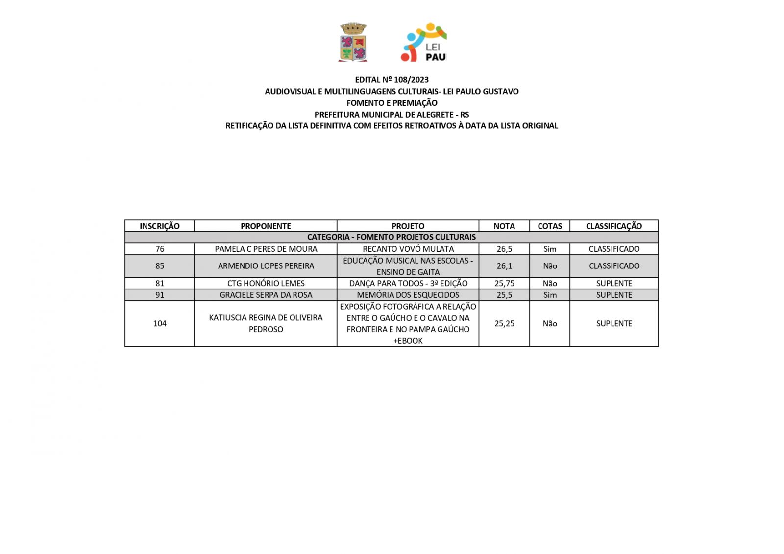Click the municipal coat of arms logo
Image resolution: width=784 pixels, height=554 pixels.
pyautogui.click(x=353, y=42)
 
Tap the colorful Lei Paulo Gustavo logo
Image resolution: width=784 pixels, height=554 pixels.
pyautogui.click(x=424, y=42)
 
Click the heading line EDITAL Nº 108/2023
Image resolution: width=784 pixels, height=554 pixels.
pyautogui.click(x=392, y=80)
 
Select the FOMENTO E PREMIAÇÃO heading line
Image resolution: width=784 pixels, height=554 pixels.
pyautogui.click(x=392, y=103)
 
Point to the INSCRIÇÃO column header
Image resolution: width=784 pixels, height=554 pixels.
pyautogui.click(x=160, y=226)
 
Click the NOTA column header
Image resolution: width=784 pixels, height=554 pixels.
pyautogui.click(x=504, y=226)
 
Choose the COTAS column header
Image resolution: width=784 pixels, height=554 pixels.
pyautogui.click(x=549, y=226)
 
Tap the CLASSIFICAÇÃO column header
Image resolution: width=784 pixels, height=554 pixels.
pyautogui.click(x=613, y=226)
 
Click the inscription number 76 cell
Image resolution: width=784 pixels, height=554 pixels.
pyautogui.click(x=160, y=249)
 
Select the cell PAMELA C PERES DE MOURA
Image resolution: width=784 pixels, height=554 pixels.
pyautogui.click(x=266, y=249)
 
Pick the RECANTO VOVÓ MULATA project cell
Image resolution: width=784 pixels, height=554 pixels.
pyautogui.click(x=408, y=249)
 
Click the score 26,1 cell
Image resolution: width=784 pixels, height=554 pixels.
pyautogui.click(x=504, y=266)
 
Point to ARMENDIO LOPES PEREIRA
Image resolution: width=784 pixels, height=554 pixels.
pyautogui.click(x=266, y=266)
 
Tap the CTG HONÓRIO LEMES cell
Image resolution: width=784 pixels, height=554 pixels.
pyautogui.click(x=266, y=283)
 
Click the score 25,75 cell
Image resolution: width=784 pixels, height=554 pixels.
pyautogui.click(x=504, y=283)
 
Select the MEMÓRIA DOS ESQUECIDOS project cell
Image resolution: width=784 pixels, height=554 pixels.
pyautogui.click(x=408, y=295)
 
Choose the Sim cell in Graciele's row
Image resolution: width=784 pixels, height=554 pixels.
pyautogui.click(x=550, y=295)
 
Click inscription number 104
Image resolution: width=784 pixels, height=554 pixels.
pyautogui.click(x=160, y=323)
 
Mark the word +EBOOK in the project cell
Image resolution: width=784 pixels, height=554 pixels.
pyautogui.click(x=408, y=341)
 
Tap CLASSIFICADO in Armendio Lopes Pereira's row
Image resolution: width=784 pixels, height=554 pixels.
pyautogui.click(x=614, y=266)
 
